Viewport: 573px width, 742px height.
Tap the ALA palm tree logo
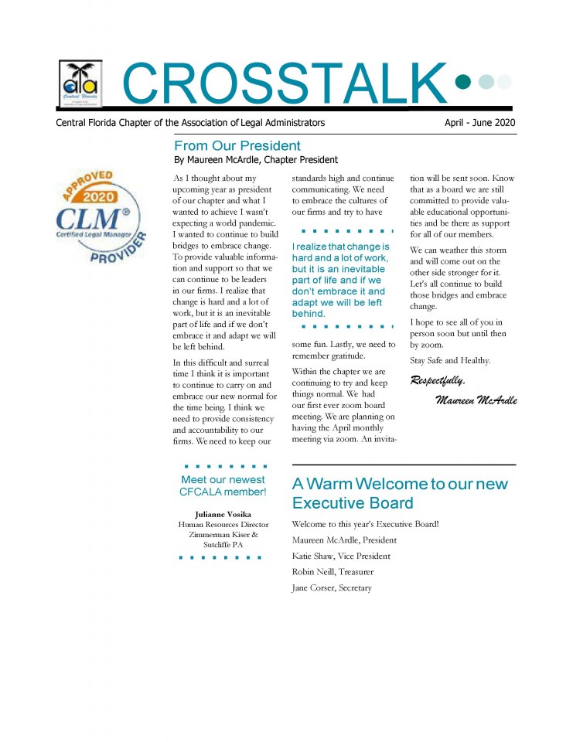80,83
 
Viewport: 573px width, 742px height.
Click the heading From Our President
237,145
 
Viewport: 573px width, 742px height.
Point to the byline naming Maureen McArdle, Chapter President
256,160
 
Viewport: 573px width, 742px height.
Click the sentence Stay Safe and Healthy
450,360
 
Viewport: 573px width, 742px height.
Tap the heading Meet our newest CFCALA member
223,485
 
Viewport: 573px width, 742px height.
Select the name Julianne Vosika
223,514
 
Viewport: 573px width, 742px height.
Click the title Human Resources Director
223,525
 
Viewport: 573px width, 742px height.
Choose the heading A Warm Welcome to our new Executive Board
400,494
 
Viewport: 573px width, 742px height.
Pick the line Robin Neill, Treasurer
333,572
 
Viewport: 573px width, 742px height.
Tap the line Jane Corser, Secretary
332,588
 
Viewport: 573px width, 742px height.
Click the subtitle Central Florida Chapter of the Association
190,123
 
